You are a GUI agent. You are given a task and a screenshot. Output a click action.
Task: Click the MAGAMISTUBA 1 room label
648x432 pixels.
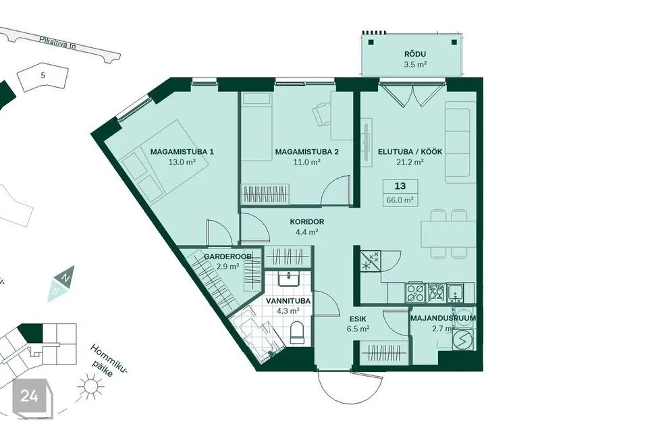pos(182,152)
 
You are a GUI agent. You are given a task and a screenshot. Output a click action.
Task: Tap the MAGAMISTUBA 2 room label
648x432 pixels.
pos(306,152)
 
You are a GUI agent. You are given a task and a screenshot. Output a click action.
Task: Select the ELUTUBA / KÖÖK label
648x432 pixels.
pos(410,152)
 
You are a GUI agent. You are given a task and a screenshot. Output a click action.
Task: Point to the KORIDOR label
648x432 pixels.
pos(306,221)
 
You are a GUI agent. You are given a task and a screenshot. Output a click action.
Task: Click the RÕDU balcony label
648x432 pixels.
pos(415,54)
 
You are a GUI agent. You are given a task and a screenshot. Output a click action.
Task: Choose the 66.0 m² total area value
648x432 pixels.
pos(400,200)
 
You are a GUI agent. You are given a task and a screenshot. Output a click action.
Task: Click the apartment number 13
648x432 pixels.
pos(400,186)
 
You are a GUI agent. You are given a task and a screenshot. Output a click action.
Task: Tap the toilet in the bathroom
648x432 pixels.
pos(297,333)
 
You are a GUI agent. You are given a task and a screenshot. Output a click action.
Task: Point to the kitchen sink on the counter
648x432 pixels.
pos(455,292)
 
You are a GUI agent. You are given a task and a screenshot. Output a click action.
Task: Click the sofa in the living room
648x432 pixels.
pos(458,142)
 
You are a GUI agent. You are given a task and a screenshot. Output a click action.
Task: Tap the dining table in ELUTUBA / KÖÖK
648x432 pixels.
pos(448,234)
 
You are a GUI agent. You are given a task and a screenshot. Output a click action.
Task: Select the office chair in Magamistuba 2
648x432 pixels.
pos(321,113)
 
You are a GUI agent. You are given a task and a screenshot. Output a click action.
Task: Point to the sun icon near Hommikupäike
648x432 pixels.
pos(91,386)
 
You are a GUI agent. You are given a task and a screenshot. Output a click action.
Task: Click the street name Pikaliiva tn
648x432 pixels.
pos(58,43)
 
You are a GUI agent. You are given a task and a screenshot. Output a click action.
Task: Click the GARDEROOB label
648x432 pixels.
pos(227,256)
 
